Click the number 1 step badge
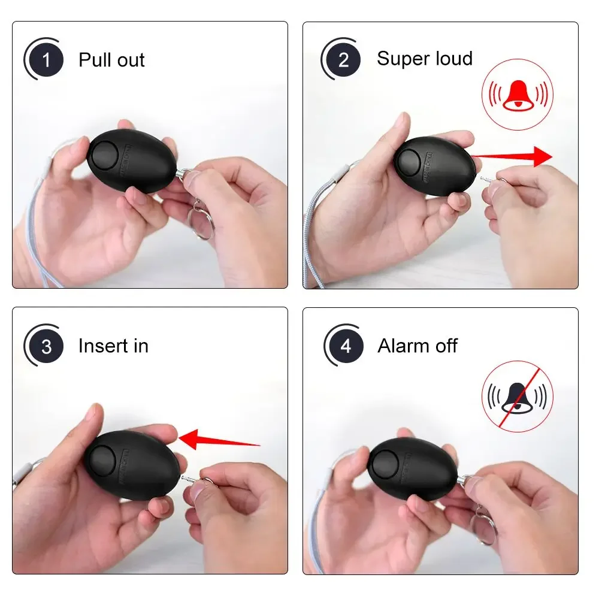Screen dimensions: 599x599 pyautogui.click(x=47, y=60)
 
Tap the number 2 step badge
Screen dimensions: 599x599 pyautogui.click(x=343, y=59)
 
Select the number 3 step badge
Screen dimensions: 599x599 pyautogui.click(x=46, y=346)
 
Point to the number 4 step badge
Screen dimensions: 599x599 pyautogui.click(x=346, y=346)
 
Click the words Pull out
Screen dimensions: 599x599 pyautogui.click(x=111, y=60)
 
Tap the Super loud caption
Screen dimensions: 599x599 pyautogui.click(x=424, y=59)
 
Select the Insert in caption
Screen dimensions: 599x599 pyautogui.click(x=113, y=346)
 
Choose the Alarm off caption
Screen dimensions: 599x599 pyautogui.click(x=418, y=346)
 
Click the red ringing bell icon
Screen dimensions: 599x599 pyautogui.click(x=517, y=95)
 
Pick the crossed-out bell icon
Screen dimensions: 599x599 pyautogui.click(x=517, y=396)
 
